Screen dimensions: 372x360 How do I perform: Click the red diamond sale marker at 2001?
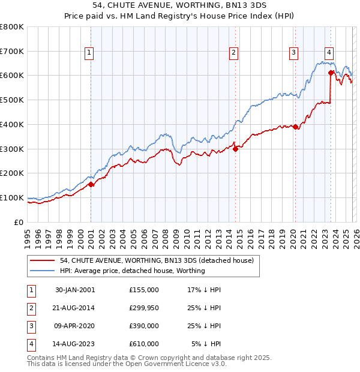point(91,185)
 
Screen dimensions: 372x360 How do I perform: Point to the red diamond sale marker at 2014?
point(236,149)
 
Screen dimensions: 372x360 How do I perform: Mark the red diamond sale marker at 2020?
point(295,127)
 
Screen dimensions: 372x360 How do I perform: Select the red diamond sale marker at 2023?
point(331,73)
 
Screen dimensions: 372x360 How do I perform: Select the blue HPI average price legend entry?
point(132,271)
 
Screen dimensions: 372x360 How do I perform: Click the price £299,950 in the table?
point(143,308)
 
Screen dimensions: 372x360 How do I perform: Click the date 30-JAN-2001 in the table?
point(74,290)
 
